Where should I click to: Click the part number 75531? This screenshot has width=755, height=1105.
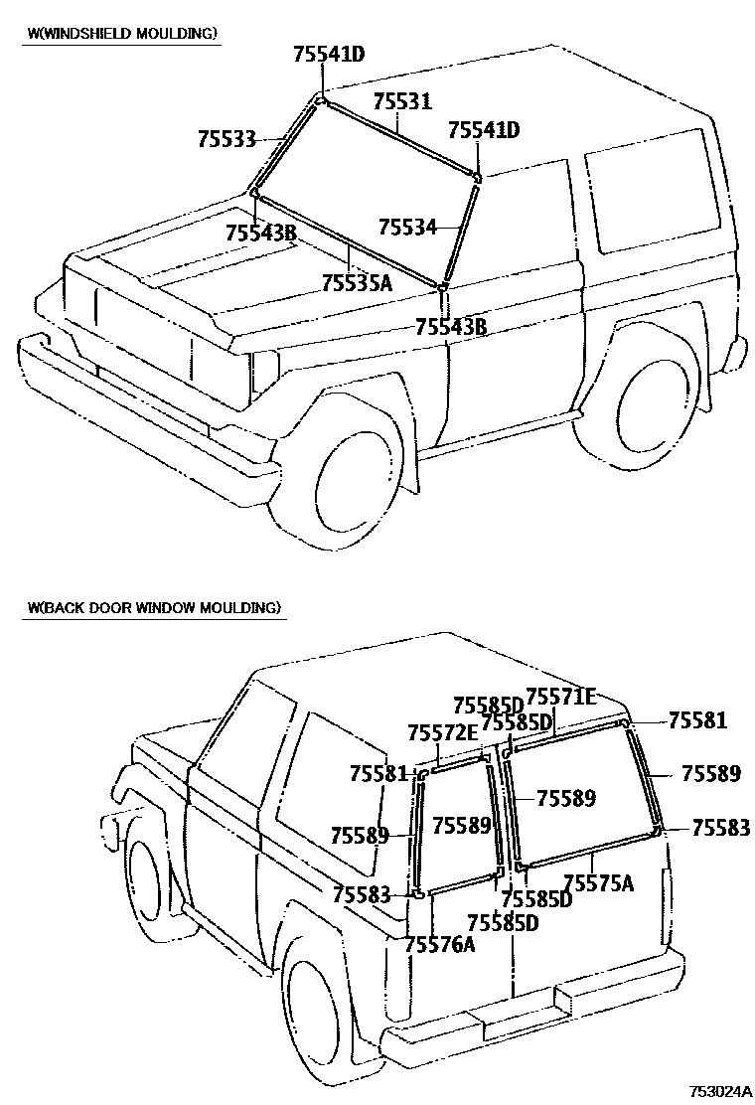402,102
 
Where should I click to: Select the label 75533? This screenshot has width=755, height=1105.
226,140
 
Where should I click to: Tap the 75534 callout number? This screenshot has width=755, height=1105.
407,227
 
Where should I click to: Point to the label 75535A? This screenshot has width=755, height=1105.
358,283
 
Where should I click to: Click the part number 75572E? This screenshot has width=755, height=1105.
443,733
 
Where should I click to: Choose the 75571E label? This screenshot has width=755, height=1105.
560,697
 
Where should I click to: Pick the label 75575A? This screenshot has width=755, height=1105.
598,882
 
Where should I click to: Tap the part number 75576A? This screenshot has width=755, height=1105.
440,944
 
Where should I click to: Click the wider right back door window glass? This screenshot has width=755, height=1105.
580,795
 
